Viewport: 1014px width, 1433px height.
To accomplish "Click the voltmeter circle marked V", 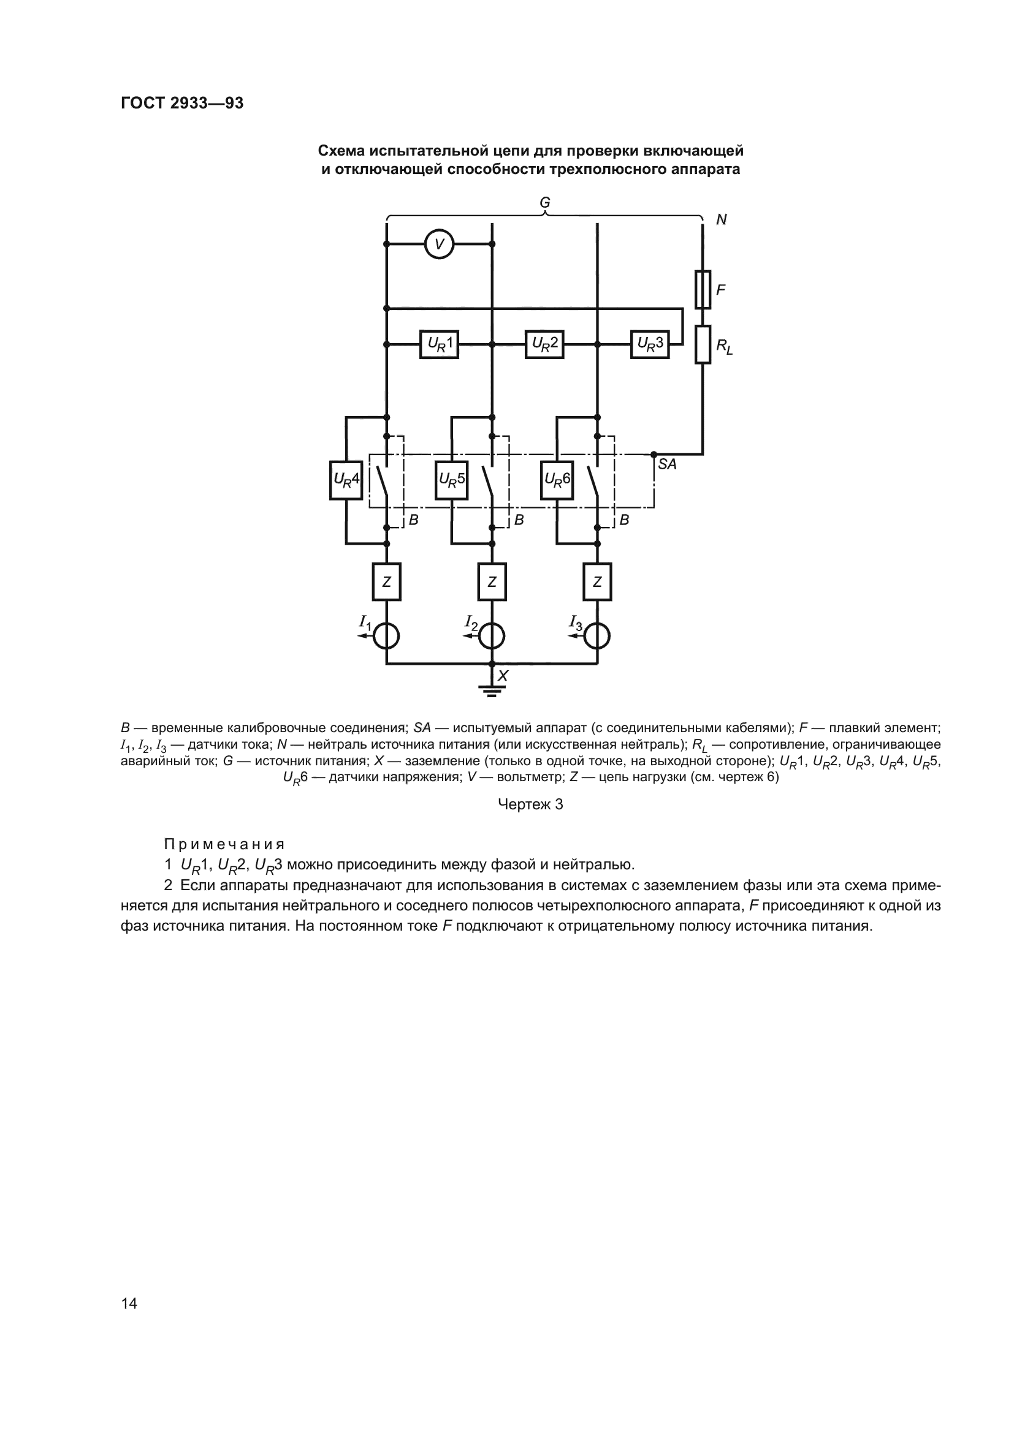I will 439,244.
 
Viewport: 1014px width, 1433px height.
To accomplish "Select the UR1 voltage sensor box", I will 439,344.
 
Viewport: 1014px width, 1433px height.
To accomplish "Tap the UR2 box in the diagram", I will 544,344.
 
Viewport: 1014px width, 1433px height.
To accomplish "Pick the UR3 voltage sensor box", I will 649,344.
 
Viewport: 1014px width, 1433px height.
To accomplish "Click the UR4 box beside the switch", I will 346,480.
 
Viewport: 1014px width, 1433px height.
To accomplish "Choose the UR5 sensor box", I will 451,480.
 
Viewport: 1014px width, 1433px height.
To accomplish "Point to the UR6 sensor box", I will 557,480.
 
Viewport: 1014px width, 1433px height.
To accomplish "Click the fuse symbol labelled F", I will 703,290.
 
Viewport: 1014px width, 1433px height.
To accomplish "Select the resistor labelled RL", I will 703,344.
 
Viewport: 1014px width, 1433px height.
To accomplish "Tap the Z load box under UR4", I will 386,581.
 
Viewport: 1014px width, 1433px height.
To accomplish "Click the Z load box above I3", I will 598,581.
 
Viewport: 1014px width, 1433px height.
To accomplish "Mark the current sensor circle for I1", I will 386,637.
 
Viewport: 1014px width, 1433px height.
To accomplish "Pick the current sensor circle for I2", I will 492,637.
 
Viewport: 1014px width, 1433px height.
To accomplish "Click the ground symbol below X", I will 492,690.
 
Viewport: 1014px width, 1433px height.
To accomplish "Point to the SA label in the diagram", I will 667,464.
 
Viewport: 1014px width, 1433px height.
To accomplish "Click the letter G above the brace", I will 545,203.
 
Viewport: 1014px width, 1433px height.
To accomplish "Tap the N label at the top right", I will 721,220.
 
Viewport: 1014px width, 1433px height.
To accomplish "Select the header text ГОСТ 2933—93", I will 182,103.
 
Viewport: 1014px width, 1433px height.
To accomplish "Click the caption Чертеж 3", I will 530,804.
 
